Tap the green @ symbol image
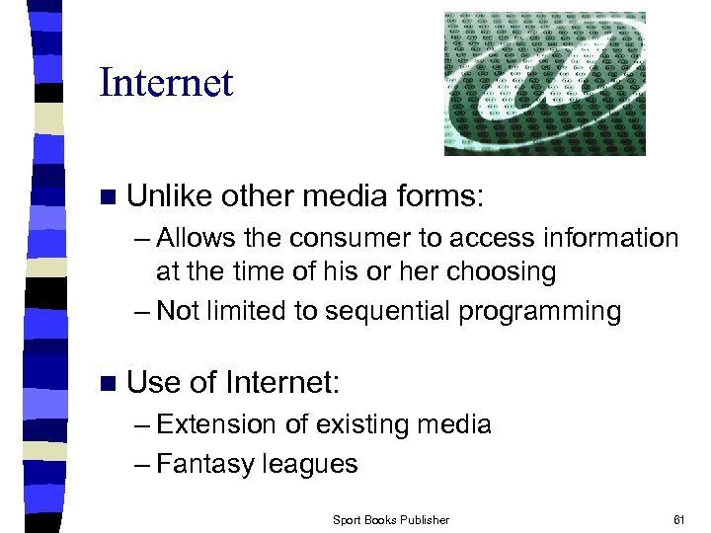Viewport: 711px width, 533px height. click(544, 83)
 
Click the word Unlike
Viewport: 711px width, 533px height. click(170, 195)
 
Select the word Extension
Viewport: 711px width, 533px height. click(216, 424)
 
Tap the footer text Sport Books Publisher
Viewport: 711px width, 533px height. click(390, 519)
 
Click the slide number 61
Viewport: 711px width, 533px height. click(678, 519)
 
